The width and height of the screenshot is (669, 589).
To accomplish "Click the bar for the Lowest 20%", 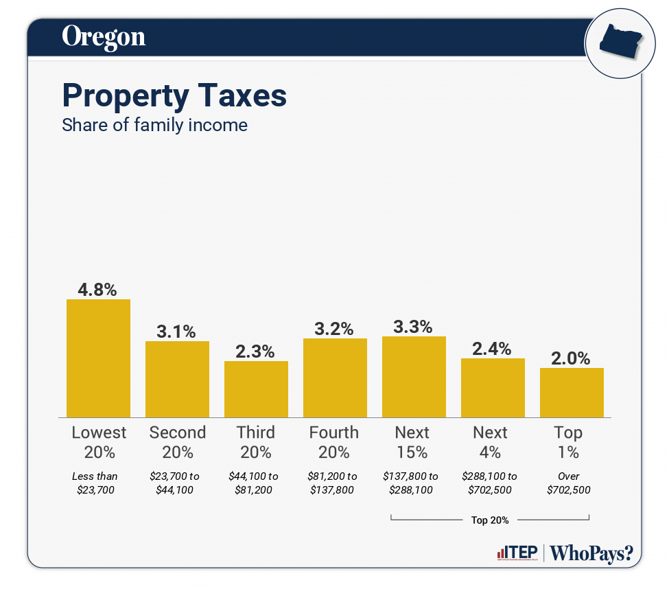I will [98, 358].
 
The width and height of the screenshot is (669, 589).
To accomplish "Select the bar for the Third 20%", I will [256, 389].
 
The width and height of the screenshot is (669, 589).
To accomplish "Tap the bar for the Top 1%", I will [572, 392].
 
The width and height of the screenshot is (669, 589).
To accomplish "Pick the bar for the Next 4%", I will [493, 387].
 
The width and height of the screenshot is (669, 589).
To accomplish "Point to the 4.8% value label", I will [98, 289].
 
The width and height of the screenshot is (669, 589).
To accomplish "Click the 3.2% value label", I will [335, 328].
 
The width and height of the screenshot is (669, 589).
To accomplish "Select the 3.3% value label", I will [413, 326].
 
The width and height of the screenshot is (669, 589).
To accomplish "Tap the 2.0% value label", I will [572, 358].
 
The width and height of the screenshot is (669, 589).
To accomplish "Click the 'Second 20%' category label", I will [177, 442].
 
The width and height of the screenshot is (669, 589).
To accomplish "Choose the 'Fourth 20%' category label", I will [334, 442].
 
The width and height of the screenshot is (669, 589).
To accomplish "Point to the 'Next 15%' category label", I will [412, 442].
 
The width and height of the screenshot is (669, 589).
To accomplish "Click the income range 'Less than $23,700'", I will [95, 483].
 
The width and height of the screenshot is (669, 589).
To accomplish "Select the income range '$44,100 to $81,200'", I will [254, 483].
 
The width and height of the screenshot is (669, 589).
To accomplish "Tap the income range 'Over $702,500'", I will [569, 483].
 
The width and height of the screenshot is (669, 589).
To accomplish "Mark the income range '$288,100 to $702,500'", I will [490, 483].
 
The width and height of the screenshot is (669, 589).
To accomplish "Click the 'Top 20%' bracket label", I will [490, 520].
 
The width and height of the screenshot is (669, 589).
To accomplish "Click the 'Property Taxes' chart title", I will [174, 95].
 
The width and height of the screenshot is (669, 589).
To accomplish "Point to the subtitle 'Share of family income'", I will [154, 126].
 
